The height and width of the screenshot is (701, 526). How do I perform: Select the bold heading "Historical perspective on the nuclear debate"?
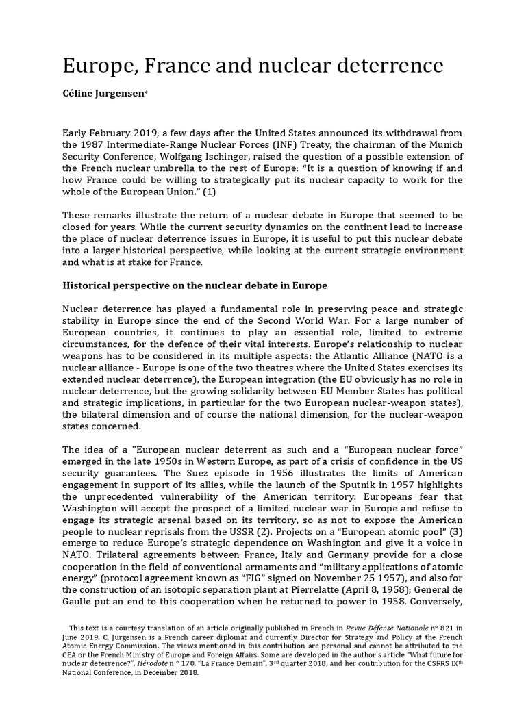click(x=195, y=285)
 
